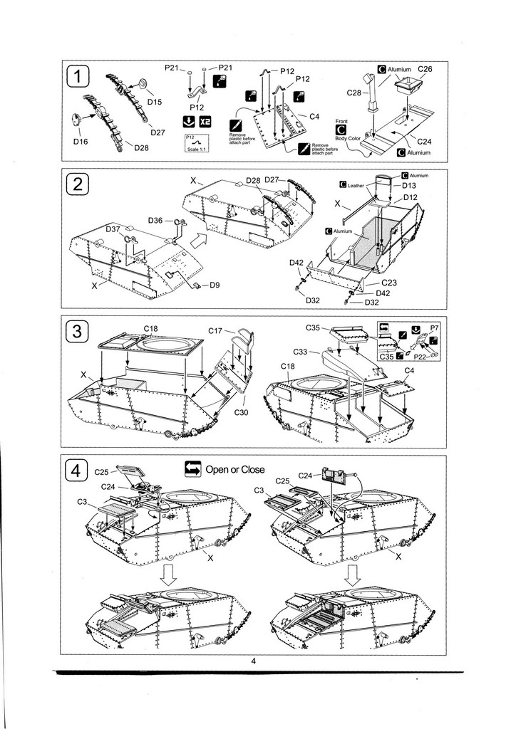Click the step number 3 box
tap(78, 332)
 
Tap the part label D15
tap(155, 102)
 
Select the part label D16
tap(80, 142)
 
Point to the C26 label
tap(425, 69)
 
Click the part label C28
tap(354, 93)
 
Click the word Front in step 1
tap(341, 122)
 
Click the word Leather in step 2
tap(356, 185)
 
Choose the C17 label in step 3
tap(216, 330)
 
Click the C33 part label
tap(301, 352)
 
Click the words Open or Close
tap(235, 469)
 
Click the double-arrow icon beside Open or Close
tap(192, 468)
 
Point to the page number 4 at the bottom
tap(254, 661)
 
